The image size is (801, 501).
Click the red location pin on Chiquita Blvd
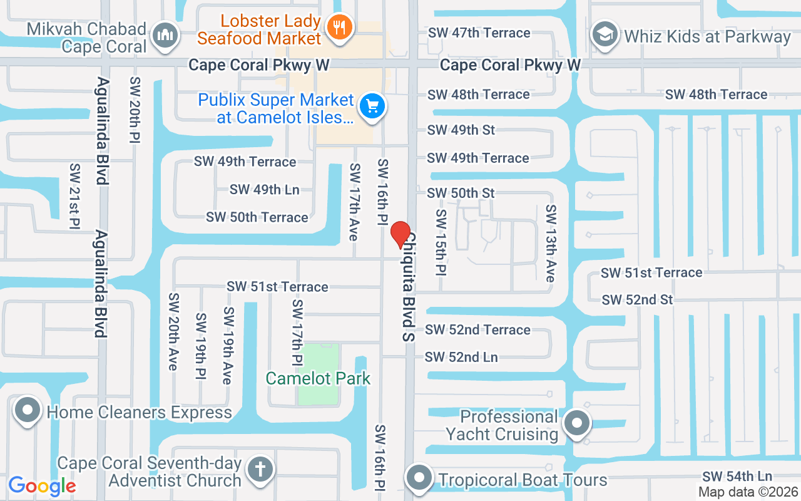(x=400, y=235)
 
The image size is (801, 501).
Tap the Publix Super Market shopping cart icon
(x=374, y=106)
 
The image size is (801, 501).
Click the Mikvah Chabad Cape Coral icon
(x=166, y=34)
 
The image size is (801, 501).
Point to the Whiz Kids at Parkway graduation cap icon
(x=605, y=34)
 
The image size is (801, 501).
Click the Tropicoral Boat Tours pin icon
(x=419, y=478)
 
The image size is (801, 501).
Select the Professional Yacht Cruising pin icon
(x=576, y=424)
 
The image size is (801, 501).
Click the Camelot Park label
(x=318, y=378)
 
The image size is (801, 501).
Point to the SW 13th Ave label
(x=551, y=243)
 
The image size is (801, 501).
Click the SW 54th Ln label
(x=737, y=477)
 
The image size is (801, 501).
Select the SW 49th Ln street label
(x=265, y=189)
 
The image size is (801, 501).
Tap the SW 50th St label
(x=461, y=193)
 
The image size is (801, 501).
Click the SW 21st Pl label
(x=75, y=197)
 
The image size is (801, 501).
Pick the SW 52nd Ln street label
(x=461, y=357)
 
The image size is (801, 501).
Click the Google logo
(x=42, y=485)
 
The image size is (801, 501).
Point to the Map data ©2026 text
(x=748, y=492)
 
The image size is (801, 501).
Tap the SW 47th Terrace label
(x=479, y=33)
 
